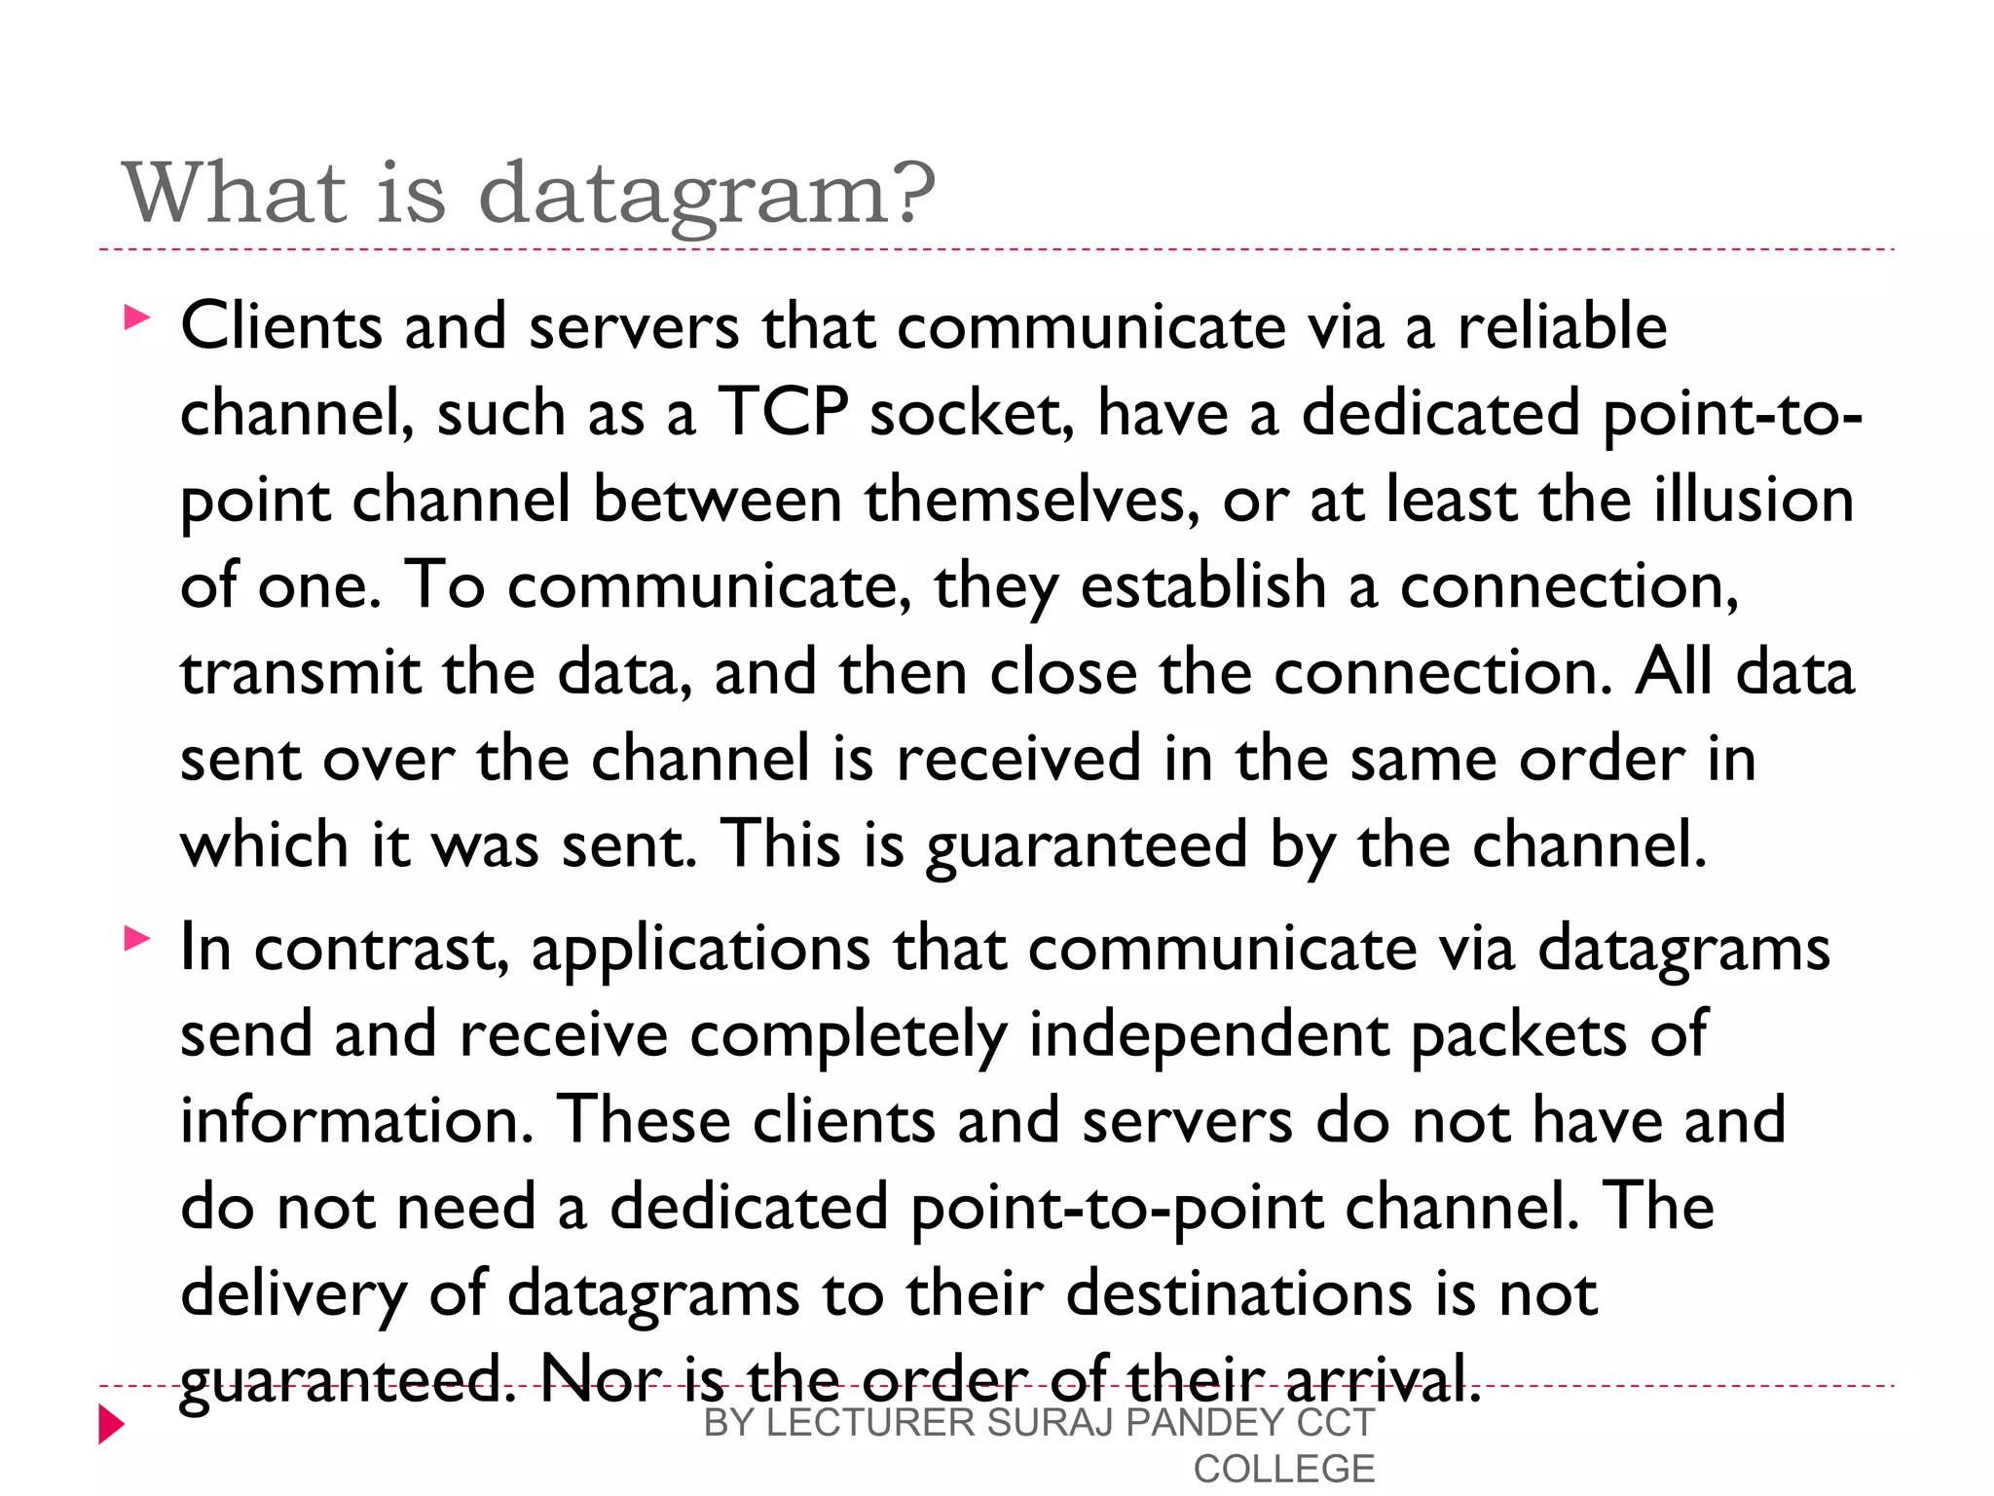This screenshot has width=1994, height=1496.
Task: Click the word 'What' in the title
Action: (234, 192)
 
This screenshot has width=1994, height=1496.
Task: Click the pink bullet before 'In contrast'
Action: (137, 939)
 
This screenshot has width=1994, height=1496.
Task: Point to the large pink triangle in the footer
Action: (111, 1425)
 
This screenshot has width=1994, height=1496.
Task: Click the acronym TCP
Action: (783, 412)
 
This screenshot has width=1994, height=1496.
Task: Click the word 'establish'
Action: (1203, 585)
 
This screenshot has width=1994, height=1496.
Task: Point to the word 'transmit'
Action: (300, 672)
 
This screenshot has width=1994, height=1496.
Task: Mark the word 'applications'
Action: (700, 948)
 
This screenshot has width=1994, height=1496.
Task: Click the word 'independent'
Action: (1208, 1033)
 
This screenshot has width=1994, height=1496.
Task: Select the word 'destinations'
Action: (1238, 1293)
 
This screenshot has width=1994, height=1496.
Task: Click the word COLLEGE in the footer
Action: (1283, 1469)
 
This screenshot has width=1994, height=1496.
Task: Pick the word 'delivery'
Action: (293, 1293)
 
